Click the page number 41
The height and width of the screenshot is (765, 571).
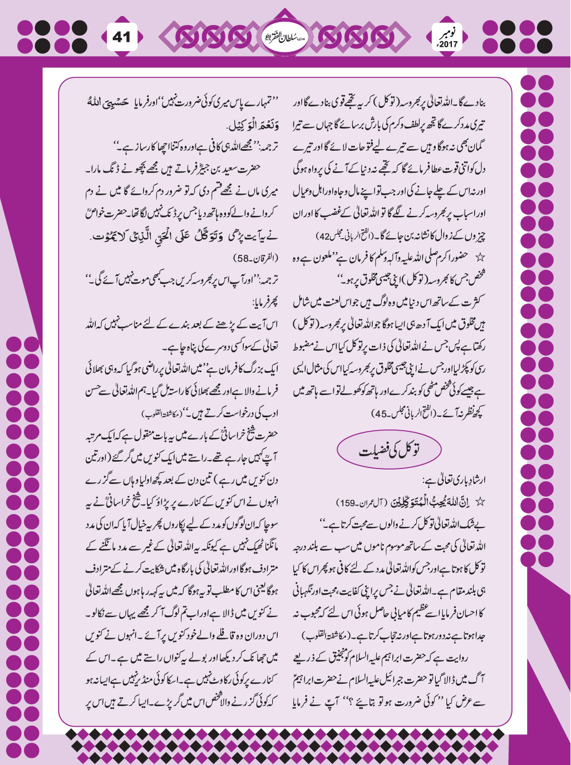coord(121,37)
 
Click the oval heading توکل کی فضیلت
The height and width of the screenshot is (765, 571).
coord(390,450)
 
